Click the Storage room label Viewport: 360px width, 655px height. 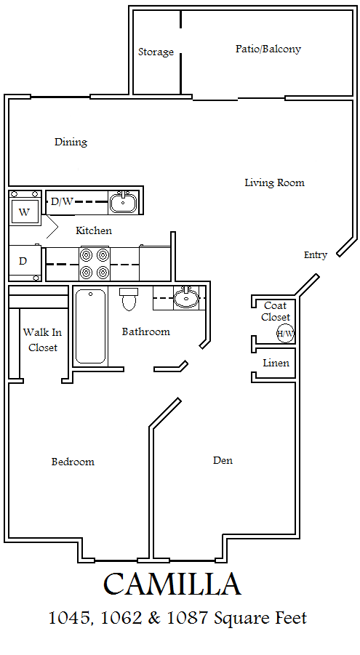click(156, 52)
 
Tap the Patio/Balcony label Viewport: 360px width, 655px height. click(268, 49)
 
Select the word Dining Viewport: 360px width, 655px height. click(71, 142)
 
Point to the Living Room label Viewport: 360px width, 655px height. click(274, 182)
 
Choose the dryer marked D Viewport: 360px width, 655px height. click(25, 262)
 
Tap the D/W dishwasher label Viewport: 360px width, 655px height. click(62, 202)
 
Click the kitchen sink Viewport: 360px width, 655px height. click(123, 203)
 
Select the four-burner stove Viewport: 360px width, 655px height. click(95, 264)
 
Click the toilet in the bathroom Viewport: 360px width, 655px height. click(128, 299)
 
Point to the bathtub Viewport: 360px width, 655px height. click(91, 326)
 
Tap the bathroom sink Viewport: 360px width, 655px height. click(185, 298)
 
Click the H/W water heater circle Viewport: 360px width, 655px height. click(286, 334)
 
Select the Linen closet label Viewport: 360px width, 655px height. click(276, 363)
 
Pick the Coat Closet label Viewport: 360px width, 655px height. click(276, 312)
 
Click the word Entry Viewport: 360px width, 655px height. click(316, 255)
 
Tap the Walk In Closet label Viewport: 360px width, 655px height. click(43, 339)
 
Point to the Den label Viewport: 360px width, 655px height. click(223, 460)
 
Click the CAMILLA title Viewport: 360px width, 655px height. click(172, 584)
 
